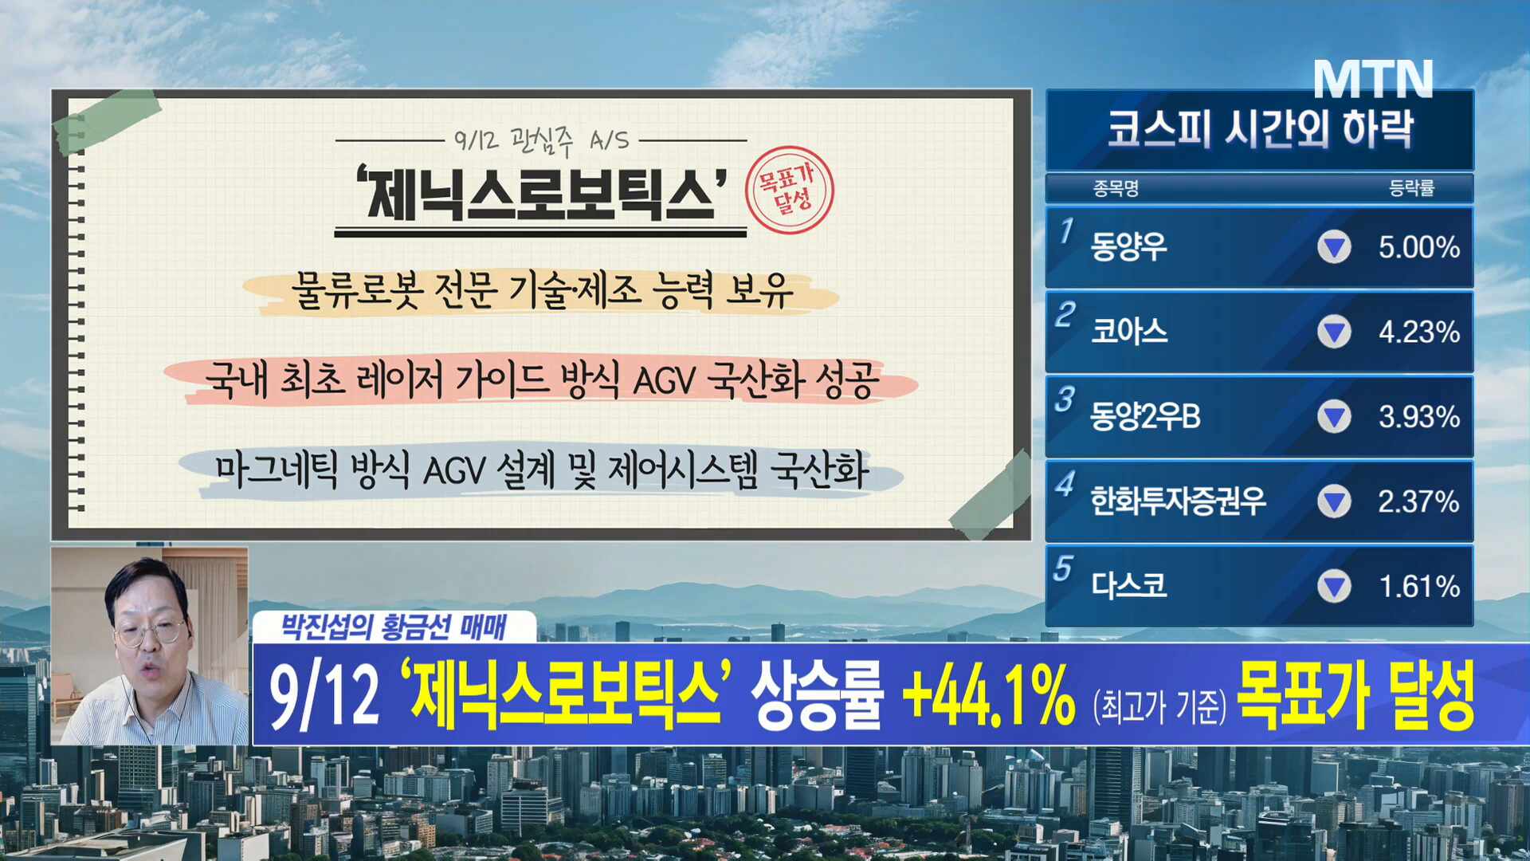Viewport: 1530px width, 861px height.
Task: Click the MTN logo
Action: [1373, 79]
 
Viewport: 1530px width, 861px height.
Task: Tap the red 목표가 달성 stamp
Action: [789, 191]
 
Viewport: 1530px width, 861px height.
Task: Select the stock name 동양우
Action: [1128, 246]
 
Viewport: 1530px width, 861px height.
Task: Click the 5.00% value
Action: [1419, 247]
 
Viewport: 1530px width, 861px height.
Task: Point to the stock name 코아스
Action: [1128, 331]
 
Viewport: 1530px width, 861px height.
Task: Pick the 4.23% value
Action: [1419, 332]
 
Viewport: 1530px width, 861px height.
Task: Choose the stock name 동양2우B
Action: [1145, 416]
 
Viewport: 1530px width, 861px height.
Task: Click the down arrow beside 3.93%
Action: [1334, 417]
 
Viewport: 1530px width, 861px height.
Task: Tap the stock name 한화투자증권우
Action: [1178, 501]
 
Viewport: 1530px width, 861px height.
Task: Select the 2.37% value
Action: [1419, 501]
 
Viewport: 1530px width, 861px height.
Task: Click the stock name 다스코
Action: [1128, 586]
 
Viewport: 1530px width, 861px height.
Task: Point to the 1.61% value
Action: [1419, 587]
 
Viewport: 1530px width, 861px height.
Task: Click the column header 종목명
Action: [1116, 189]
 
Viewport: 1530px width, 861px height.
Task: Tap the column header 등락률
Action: [1411, 188]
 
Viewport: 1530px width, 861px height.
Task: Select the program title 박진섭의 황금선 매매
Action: [394, 627]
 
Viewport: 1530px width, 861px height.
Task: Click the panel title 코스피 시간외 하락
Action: [1260, 129]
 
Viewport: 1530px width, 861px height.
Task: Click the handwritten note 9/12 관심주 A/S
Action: [542, 140]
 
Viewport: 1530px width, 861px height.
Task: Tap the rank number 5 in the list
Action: [1062, 568]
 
